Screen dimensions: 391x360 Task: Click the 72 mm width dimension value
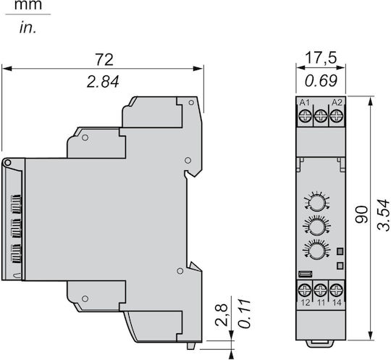[x=104, y=59]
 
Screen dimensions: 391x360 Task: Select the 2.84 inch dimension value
[x=103, y=82]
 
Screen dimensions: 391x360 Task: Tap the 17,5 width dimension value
[x=321, y=58]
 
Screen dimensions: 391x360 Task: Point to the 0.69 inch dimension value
[x=321, y=80]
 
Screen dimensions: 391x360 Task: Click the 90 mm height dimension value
[x=361, y=214]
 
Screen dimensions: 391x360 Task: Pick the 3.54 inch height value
[x=384, y=215]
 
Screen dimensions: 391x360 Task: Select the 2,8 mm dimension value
[x=221, y=315]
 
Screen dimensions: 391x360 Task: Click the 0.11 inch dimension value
[x=244, y=313]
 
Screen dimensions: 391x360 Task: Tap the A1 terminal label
[x=304, y=102]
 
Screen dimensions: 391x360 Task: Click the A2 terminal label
[x=337, y=102]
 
